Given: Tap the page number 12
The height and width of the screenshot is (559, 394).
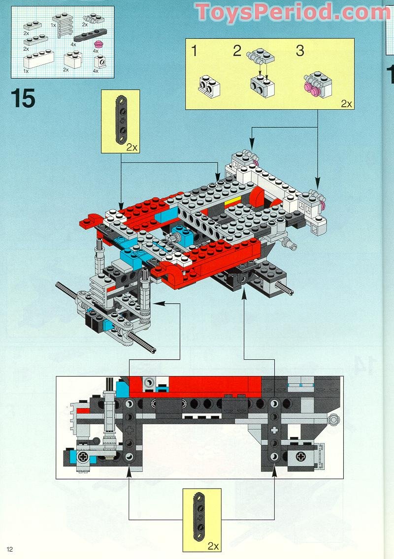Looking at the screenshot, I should (10, 549).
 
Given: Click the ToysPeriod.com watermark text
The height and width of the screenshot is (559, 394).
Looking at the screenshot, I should (293, 12).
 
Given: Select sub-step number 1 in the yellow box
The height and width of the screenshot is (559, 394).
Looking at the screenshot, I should (195, 51).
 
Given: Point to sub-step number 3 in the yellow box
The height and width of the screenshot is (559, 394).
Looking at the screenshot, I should (300, 51).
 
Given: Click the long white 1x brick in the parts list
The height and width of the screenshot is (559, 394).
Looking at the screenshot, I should (37, 62).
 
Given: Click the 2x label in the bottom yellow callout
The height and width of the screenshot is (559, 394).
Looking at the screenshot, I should (213, 546).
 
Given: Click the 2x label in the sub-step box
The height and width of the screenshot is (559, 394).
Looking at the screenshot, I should (346, 104).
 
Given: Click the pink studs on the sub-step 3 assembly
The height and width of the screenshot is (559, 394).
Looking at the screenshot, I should (310, 87).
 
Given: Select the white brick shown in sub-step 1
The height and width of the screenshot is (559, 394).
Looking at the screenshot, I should (209, 85).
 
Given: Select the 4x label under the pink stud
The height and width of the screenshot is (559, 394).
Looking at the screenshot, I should (96, 51).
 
